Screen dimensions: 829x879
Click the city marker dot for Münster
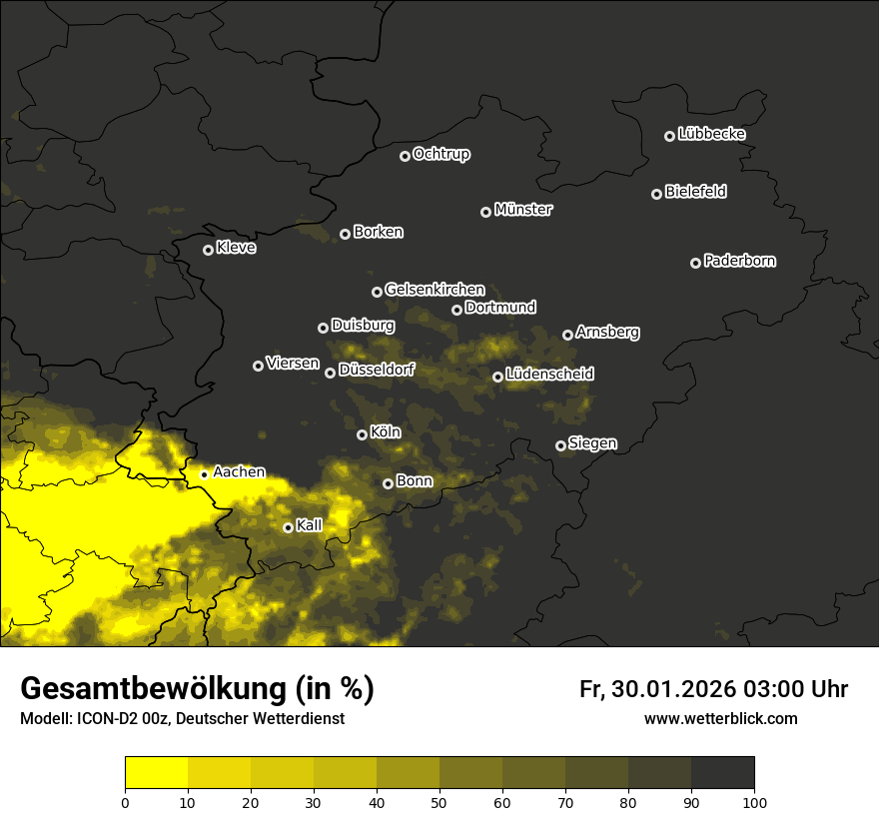tap(486, 212)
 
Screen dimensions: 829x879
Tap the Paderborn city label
tap(740, 261)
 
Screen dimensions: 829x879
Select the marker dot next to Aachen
tap(204, 474)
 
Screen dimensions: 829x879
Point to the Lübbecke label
tap(711, 134)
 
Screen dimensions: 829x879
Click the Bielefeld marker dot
tap(657, 194)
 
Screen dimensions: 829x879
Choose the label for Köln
tap(386, 432)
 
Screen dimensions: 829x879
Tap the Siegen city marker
tap(560, 445)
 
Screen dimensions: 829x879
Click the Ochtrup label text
tap(441, 154)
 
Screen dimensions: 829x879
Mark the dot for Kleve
tap(208, 250)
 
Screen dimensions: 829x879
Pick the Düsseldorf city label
tap(377, 370)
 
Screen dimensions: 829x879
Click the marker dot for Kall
tap(288, 527)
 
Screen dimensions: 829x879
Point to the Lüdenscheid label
tap(550, 375)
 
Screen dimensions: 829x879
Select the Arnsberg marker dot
tap(567, 335)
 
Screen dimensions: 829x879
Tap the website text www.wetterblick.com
tap(720, 718)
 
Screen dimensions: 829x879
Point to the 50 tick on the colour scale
tap(439, 801)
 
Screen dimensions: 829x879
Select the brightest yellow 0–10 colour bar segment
tap(156, 772)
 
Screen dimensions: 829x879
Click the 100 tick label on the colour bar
tap(754, 801)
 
